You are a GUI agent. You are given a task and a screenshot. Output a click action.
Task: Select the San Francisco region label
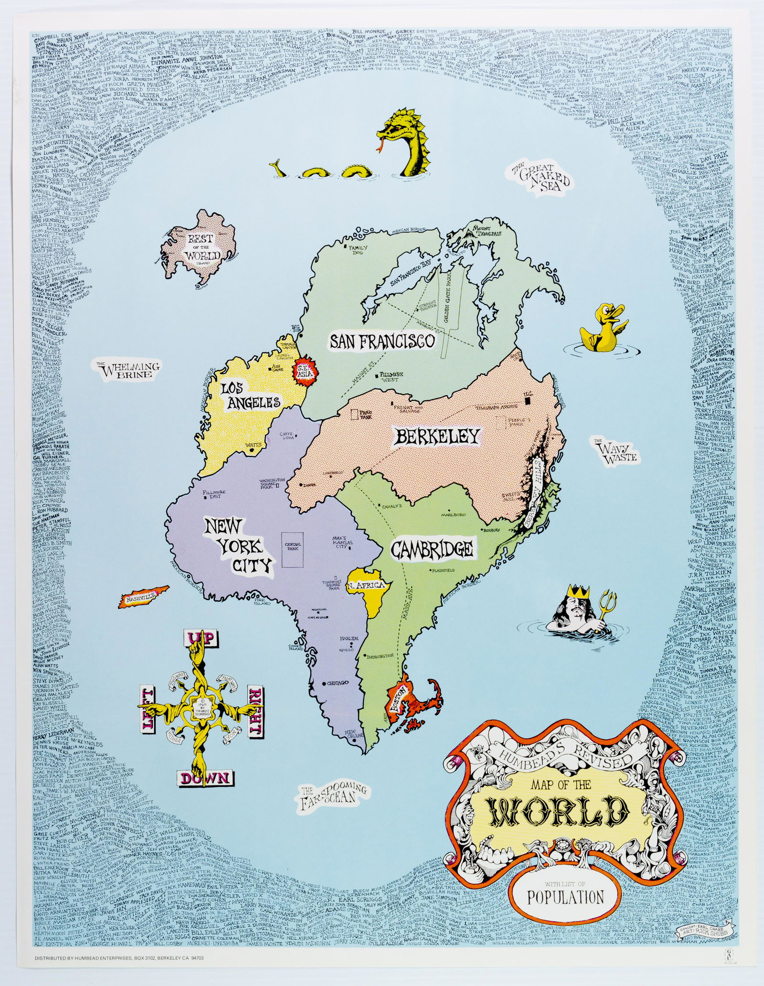pos(382,341)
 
